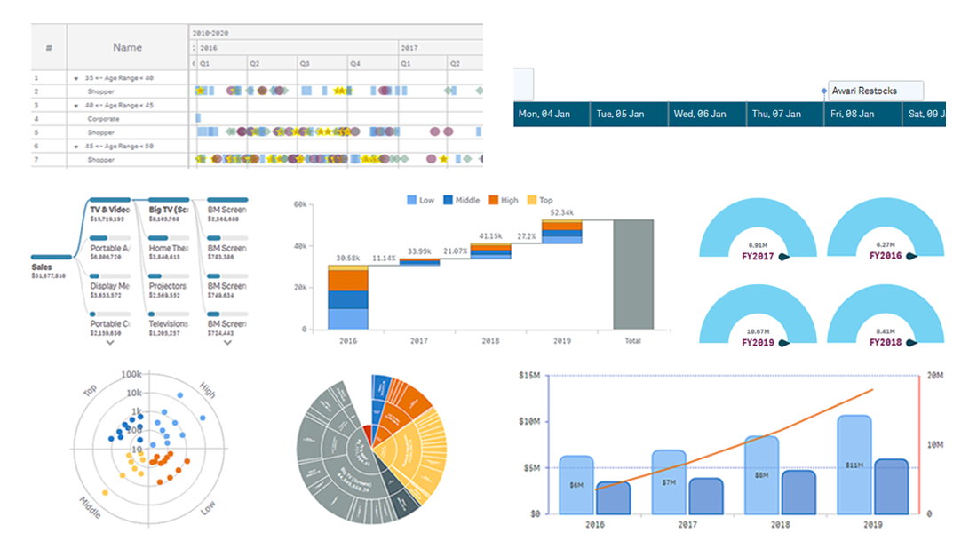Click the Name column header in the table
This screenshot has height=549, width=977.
[127, 47]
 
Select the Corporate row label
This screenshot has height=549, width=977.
[103, 118]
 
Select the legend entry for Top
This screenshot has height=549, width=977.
[539, 201]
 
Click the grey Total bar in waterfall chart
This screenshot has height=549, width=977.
[632, 274]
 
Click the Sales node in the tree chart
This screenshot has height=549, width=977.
[42, 267]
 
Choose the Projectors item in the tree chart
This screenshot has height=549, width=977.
[167, 287]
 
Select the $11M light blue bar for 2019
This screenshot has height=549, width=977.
[854, 464]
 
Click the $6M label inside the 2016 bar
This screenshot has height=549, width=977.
[576, 486]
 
